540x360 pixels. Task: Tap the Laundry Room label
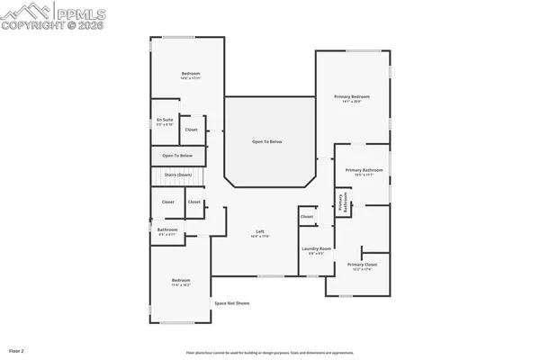[x=317, y=248]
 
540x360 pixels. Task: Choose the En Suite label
[x=166, y=119]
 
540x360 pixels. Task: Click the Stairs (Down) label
[x=178, y=174]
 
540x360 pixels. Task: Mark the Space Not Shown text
[x=231, y=303]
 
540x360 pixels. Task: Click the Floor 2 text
[x=17, y=349]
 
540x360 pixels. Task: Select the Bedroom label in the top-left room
[x=190, y=74]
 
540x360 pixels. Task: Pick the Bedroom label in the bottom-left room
[x=181, y=281]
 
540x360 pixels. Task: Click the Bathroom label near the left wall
[x=167, y=229]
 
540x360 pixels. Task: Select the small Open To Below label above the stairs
[x=177, y=156]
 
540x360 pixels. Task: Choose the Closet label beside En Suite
[x=191, y=130]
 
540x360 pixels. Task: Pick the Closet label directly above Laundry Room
[x=307, y=217]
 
